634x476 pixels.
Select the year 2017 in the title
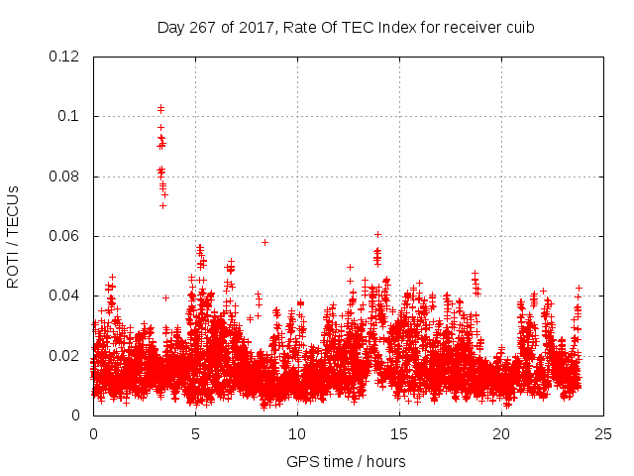(x=251, y=28)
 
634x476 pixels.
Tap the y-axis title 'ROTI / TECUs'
(x=13, y=236)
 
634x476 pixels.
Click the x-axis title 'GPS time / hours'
(x=346, y=461)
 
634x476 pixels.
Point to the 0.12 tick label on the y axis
(x=67, y=57)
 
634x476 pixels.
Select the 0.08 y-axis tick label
(x=67, y=177)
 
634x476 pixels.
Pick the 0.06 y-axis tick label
(x=67, y=236)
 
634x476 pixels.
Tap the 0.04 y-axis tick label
(x=67, y=296)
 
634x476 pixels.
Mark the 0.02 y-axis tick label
(x=67, y=356)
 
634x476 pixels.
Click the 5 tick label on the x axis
(x=196, y=433)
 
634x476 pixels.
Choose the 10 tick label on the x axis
(x=297, y=433)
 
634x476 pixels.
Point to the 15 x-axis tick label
(x=399, y=433)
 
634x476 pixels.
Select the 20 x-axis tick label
(x=501, y=433)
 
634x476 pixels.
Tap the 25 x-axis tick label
(x=603, y=433)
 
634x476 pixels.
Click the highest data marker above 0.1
(x=160, y=107)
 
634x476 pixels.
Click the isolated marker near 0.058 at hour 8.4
(x=264, y=242)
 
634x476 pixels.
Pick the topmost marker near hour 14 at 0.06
(x=377, y=234)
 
